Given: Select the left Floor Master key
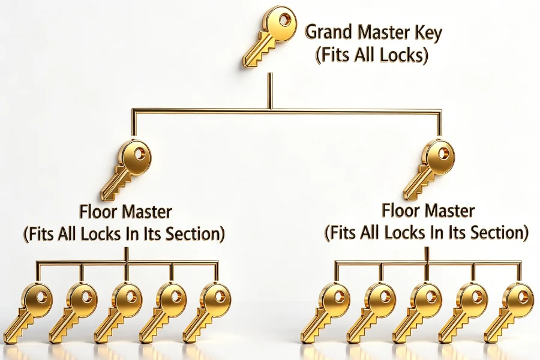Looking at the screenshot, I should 127,170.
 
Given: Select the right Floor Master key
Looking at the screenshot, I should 430,170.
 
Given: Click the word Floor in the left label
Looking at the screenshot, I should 98,212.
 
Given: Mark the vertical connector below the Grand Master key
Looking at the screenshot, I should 270,91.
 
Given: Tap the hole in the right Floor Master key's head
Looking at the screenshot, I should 443,153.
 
